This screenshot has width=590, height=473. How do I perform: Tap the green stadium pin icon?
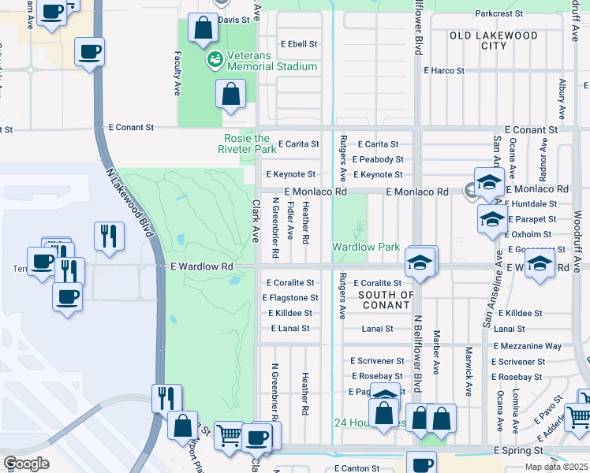(213, 59)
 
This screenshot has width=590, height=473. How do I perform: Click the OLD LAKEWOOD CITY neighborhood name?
(494, 40)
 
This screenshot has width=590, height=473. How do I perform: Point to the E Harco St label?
(444, 71)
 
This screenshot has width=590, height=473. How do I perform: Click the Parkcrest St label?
(499, 13)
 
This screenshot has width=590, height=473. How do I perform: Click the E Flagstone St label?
(292, 298)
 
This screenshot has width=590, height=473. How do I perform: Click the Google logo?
(26, 464)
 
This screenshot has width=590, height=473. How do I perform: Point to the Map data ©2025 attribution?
(556, 467)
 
